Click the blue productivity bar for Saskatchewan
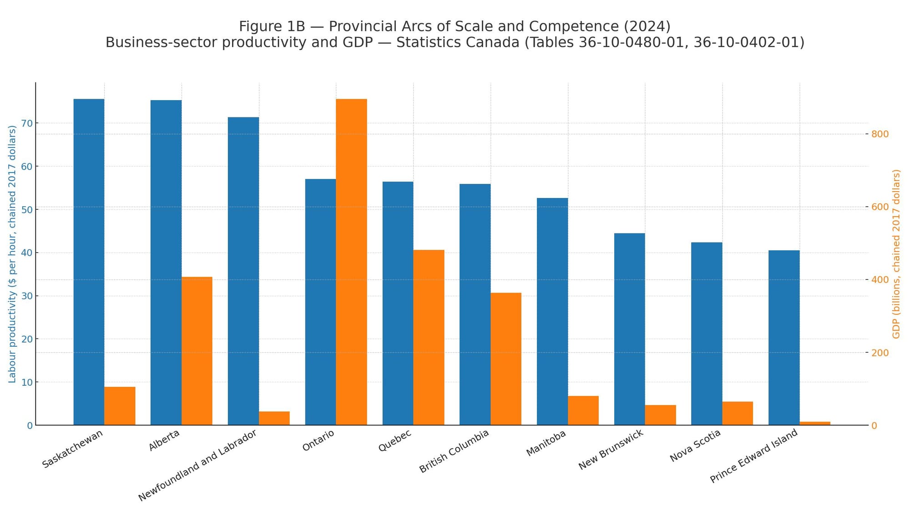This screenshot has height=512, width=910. click(x=89, y=262)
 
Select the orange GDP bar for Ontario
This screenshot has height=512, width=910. click(x=351, y=262)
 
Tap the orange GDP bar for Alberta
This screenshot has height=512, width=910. click(x=197, y=350)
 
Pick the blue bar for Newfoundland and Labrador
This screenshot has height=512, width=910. click(x=243, y=271)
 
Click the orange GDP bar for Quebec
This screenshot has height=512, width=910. click(x=429, y=337)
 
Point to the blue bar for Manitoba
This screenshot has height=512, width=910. click(x=552, y=311)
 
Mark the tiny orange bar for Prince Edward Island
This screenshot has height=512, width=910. click(x=815, y=423)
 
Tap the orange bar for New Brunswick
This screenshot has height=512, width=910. click(x=660, y=415)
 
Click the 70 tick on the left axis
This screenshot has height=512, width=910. click(x=27, y=123)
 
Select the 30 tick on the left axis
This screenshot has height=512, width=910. click(x=27, y=296)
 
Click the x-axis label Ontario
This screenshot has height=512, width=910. click(x=318, y=441)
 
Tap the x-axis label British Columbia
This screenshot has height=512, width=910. click(x=454, y=451)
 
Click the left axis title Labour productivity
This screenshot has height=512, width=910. click(x=12, y=254)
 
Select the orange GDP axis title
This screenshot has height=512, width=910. click(x=896, y=254)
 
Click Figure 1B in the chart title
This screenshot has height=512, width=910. click(x=272, y=26)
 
